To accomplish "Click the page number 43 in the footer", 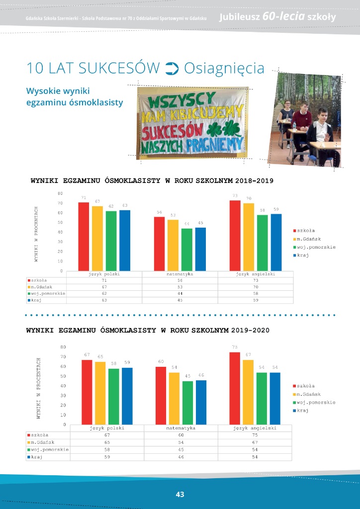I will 180,494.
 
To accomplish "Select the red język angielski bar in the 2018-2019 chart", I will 235,236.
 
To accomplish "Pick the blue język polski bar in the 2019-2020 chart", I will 127,396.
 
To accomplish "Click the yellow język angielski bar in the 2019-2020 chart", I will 249,392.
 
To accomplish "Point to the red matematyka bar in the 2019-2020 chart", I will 161,396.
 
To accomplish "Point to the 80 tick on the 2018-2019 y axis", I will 60,193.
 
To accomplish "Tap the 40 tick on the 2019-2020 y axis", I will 63,386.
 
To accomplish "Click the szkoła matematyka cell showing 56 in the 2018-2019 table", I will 180,280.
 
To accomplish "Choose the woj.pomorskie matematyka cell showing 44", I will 180,293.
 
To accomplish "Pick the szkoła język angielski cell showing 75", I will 255,434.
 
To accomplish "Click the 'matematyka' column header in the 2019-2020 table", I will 180,427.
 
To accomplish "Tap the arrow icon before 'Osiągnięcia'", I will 171,68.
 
